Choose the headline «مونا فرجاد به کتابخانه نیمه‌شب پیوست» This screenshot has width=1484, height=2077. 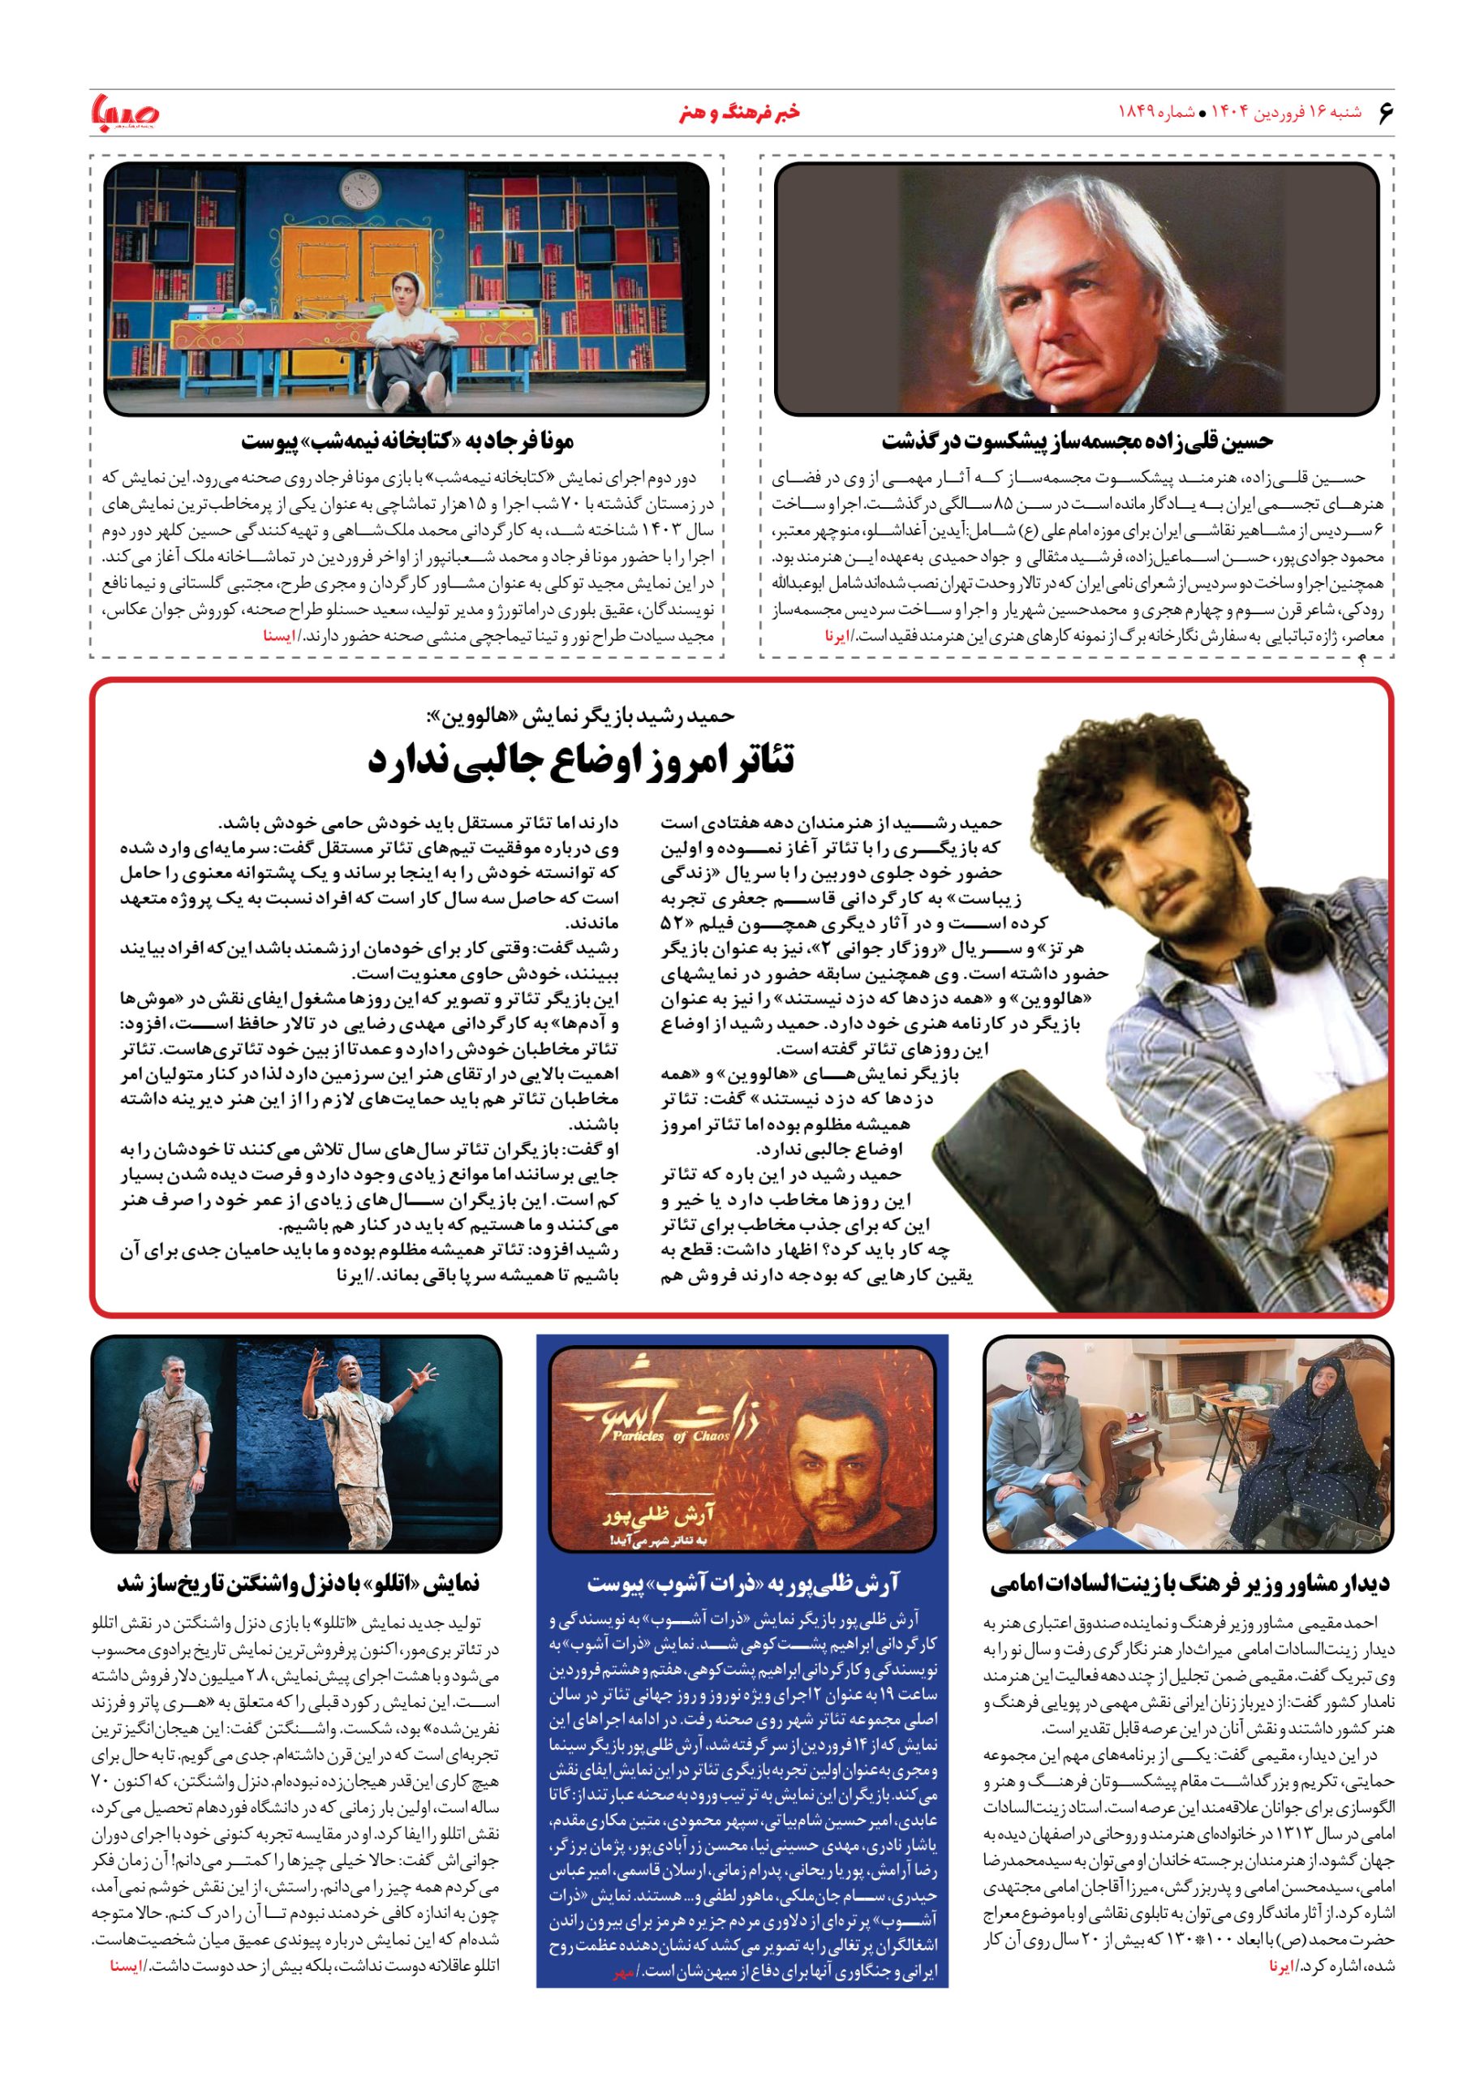pyautogui.click(x=407, y=441)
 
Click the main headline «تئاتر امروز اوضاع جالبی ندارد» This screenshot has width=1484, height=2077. pyautogui.click(x=581, y=760)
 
